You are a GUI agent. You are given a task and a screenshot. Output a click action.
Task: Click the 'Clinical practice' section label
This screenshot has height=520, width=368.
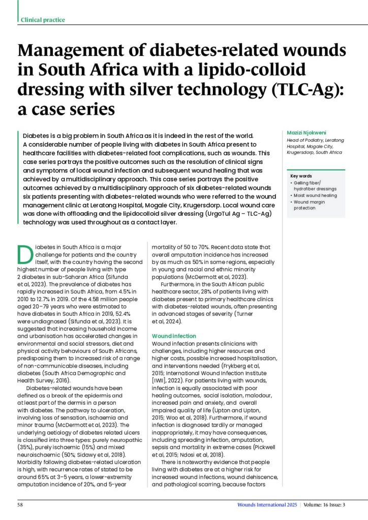click(x=43, y=20)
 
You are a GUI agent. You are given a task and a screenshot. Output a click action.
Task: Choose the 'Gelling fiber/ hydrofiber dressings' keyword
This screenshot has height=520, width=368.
click(x=313, y=185)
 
